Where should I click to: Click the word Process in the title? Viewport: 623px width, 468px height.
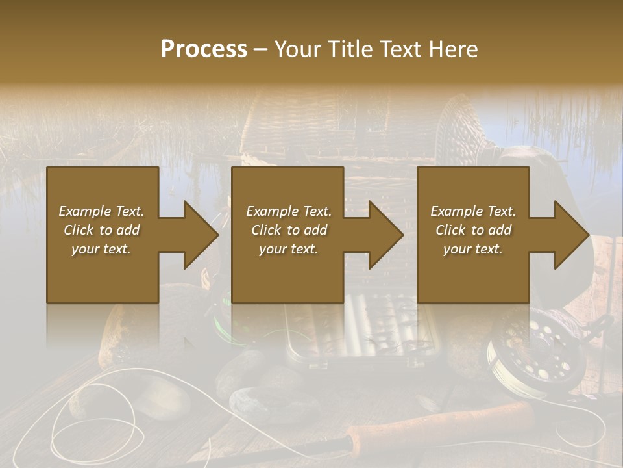(204, 49)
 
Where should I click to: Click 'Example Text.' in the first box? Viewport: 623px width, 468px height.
(102, 211)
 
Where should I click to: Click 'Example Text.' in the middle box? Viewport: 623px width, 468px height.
(289, 211)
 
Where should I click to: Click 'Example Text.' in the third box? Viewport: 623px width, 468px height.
(473, 211)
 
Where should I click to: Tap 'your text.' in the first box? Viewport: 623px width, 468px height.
(102, 249)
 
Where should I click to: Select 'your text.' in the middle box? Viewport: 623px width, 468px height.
(289, 249)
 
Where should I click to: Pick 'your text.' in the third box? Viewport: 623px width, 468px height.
(473, 249)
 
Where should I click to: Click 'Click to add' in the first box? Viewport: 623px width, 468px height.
(102, 230)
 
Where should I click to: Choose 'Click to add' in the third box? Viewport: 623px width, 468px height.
(473, 230)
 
